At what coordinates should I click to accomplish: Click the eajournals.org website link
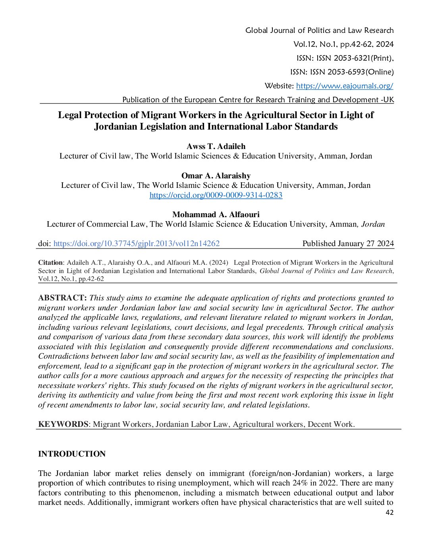point(344,86)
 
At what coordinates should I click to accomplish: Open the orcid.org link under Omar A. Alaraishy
point(216,195)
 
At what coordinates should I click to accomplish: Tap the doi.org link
point(136,244)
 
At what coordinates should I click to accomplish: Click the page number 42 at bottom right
point(390,512)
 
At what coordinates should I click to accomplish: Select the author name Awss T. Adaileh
point(216,146)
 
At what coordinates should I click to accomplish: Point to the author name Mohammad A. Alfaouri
point(216,214)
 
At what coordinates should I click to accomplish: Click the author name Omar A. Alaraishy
point(216,176)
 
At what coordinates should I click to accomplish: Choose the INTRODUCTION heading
point(72,454)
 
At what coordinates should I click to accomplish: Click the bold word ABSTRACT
point(62,298)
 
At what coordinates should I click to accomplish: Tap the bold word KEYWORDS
point(63,424)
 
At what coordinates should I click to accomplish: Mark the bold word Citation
point(50,263)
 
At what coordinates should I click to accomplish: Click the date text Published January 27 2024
point(348,244)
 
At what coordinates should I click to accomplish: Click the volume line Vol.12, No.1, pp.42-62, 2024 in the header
point(343,44)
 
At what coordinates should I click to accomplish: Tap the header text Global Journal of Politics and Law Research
point(319,31)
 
